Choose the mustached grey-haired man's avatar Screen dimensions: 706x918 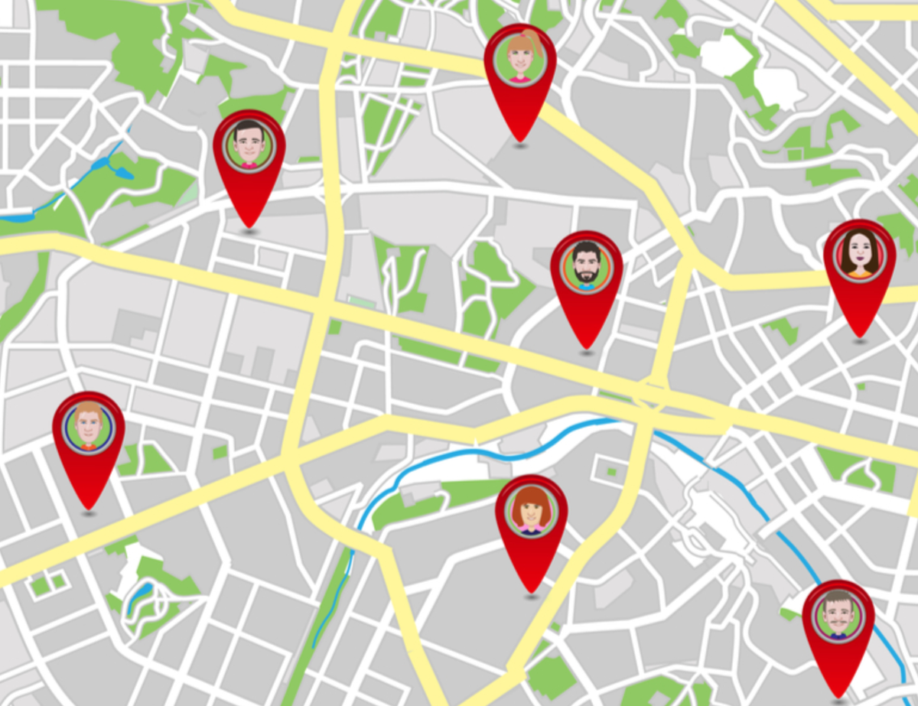pos(838,613)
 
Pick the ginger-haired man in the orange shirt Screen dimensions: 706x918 pos(89,425)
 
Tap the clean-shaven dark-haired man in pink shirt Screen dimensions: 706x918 pos(249,143)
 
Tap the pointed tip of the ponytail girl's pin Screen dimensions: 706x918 pos(520,139)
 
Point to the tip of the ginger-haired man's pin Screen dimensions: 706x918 pos(89,507)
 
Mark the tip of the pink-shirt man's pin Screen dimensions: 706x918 pos(249,226)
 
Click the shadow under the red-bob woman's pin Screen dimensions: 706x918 pos(532,596)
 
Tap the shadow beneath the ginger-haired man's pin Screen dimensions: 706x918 pos(89,513)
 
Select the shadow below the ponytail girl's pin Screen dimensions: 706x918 pos(520,145)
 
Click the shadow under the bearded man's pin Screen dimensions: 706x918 pos(587,352)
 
